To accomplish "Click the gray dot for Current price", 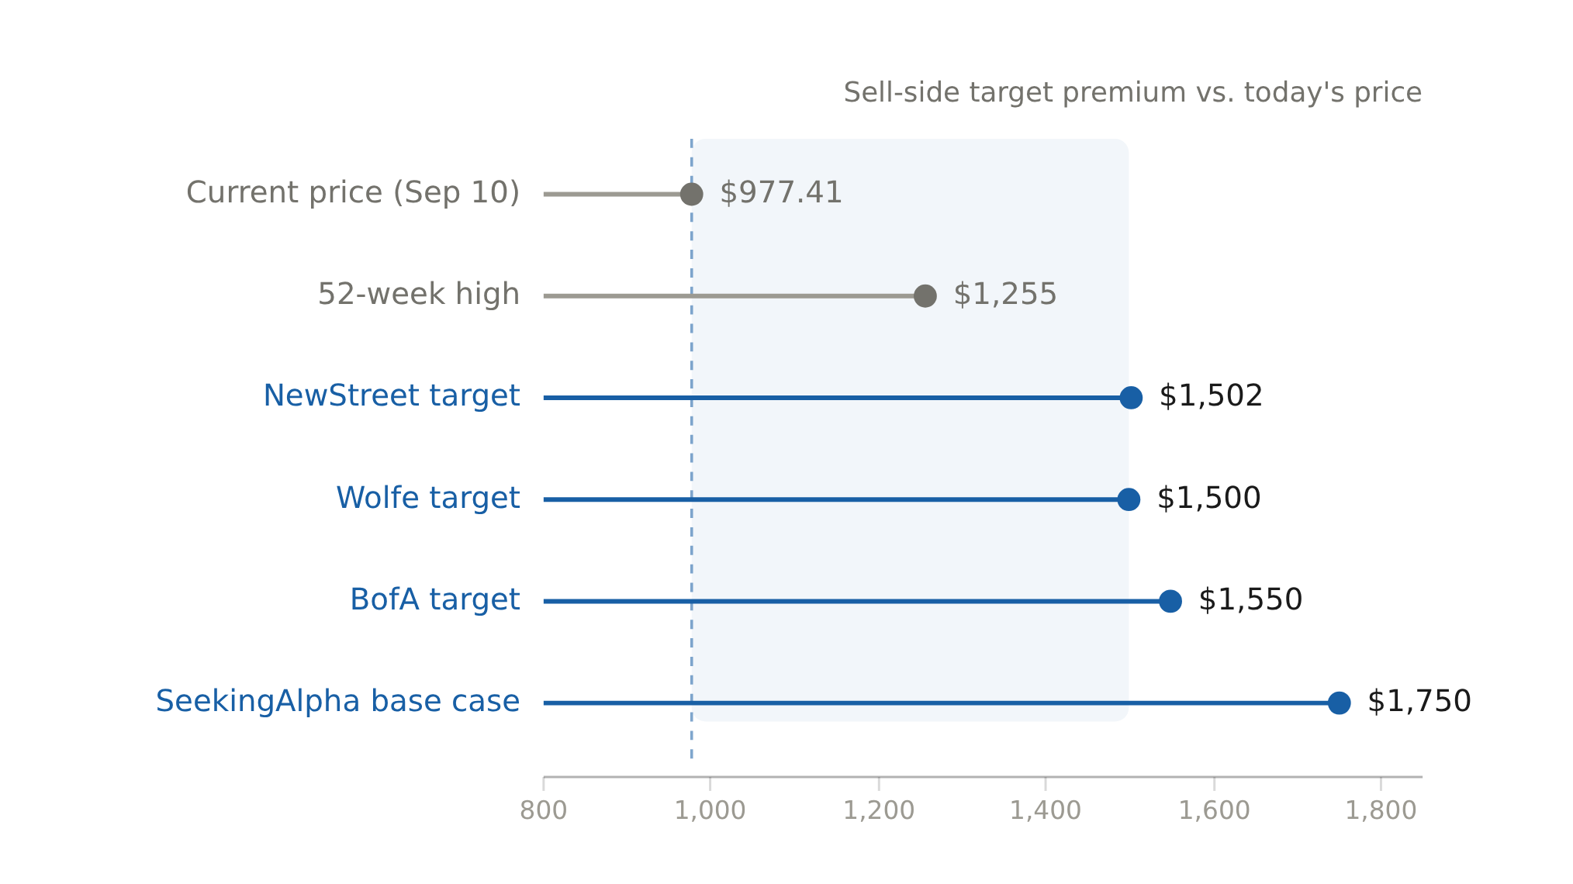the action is pos(691,194).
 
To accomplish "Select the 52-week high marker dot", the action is pos(925,295).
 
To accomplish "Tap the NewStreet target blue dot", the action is pos(1131,398).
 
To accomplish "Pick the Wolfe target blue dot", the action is pos(1129,499).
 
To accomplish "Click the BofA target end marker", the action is pos(1170,601).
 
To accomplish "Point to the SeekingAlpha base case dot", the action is pos(1339,703).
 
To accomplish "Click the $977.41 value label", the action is pos(780,192).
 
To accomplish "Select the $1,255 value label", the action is pos(1004,295).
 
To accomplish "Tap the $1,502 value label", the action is pos(1210,396).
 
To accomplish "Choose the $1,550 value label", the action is pos(1250,600).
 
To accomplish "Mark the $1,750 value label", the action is pos(1419,702).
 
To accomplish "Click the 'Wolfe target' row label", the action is pos(427,498).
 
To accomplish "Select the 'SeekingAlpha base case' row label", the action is pos(337,701).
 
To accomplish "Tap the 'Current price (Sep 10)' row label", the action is pos(352,192).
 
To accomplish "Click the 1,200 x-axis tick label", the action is pos(878,811).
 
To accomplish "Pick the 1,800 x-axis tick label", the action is pos(1380,811).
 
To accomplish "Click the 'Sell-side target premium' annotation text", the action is pos(1132,92).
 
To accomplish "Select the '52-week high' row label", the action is pos(418,295).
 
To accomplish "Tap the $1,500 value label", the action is pos(1208,499).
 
